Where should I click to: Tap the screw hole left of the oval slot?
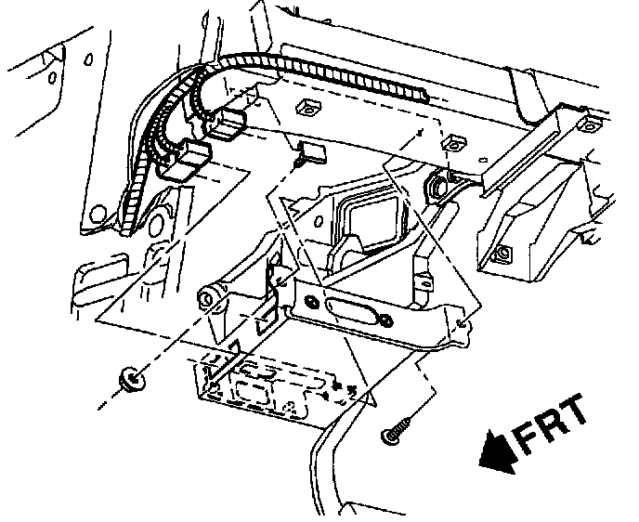pos(310,303)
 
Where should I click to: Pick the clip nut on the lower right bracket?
pos(502,252)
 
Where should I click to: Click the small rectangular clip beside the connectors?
pos(310,152)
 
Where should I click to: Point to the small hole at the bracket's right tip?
pos(461,325)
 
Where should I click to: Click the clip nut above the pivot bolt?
pos(453,142)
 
